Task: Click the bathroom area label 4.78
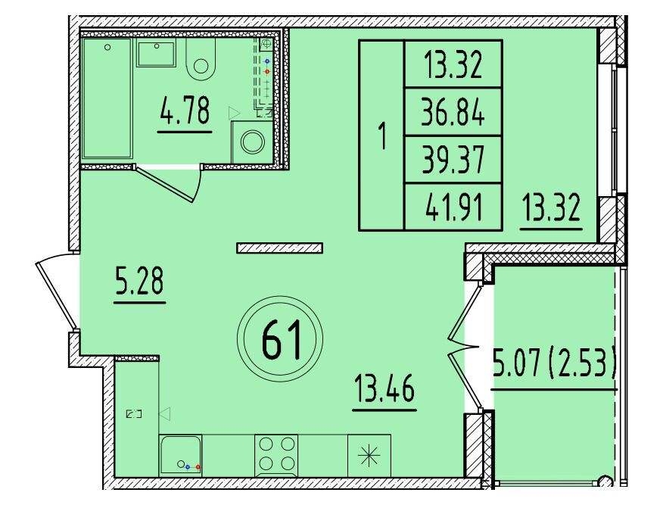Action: [x=185, y=110]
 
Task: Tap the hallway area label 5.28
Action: [x=139, y=280]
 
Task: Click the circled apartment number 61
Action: [x=280, y=338]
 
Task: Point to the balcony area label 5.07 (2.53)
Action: [x=553, y=365]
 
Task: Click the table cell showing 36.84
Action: [x=453, y=112]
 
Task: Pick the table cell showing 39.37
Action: [x=453, y=160]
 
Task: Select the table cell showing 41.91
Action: [x=453, y=207]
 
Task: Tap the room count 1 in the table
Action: [x=383, y=136]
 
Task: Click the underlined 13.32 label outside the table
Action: [x=551, y=207]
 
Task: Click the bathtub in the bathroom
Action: [x=107, y=98]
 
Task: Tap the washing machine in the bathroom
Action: [x=252, y=142]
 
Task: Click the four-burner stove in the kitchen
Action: [x=276, y=456]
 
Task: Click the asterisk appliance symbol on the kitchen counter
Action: [x=369, y=456]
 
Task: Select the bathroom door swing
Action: [x=169, y=182]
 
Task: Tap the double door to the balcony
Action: [x=465, y=348]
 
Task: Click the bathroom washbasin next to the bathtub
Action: [x=156, y=54]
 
